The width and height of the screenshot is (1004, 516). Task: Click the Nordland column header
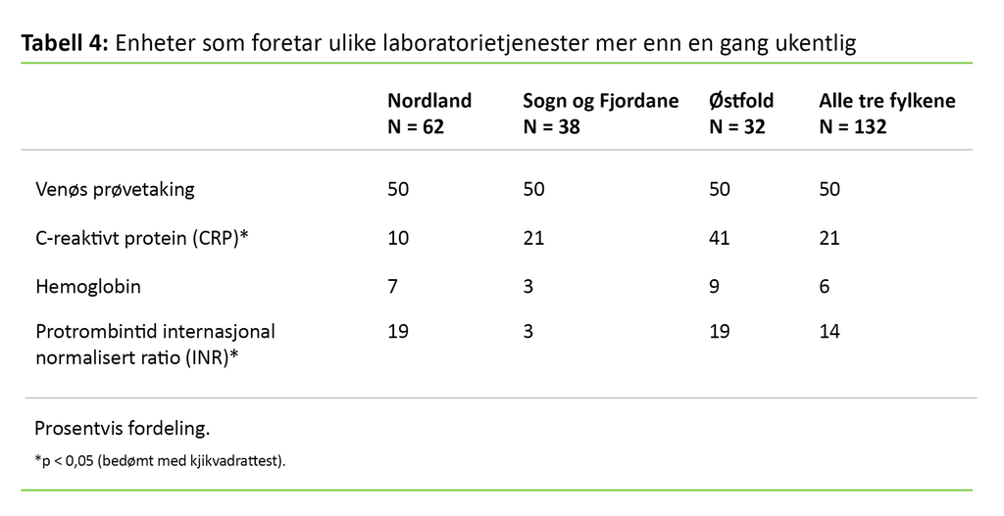(429, 101)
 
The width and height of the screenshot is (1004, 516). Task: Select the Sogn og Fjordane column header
(600, 101)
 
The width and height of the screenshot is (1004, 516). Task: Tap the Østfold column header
(740, 101)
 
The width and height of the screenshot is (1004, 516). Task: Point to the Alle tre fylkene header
(886, 101)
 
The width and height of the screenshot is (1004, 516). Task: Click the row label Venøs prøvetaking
(115, 189)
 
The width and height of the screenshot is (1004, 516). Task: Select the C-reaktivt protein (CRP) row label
(141, 238)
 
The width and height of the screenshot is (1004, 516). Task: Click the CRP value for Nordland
(398, 238)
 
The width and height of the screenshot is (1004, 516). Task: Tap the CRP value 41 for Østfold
(719, 238)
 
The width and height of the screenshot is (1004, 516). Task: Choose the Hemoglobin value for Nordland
(392, 287)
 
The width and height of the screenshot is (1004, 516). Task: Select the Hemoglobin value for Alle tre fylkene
(825, 287)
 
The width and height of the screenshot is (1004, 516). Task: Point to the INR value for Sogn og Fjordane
(528, 331)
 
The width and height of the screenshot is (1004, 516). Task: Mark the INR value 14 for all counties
(829, 331)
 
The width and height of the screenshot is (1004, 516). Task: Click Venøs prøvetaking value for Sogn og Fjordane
(534, 189)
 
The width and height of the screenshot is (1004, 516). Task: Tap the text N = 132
(852, 126)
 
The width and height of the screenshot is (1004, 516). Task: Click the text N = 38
(551, 126)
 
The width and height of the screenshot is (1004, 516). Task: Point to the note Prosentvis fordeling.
(122, 428)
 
